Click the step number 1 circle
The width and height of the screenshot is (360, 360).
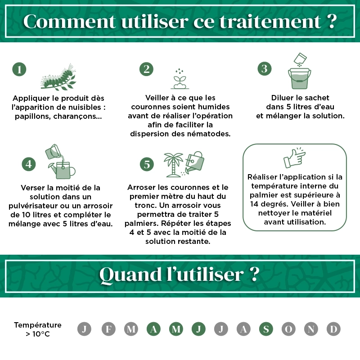coord(19,69)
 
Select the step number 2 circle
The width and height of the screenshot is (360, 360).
coord(146,69)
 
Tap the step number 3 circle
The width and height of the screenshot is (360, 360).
coord(265,68)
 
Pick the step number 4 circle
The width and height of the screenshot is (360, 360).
coord(29,164)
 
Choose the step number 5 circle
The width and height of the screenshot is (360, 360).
coord(147,165)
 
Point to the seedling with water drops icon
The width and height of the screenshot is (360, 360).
coord(180,79)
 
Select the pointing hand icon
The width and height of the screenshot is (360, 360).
coord(294,157)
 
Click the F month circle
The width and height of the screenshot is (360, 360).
coord(108,329)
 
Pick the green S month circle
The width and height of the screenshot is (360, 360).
coord(266,329)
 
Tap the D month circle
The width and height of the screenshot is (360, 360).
coord(333,329)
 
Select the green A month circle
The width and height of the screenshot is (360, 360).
coord(153,329)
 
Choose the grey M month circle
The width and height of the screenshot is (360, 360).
coord(131,329)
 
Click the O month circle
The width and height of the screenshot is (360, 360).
coord(288,329)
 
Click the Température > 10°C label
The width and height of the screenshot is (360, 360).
coord(38,329)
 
